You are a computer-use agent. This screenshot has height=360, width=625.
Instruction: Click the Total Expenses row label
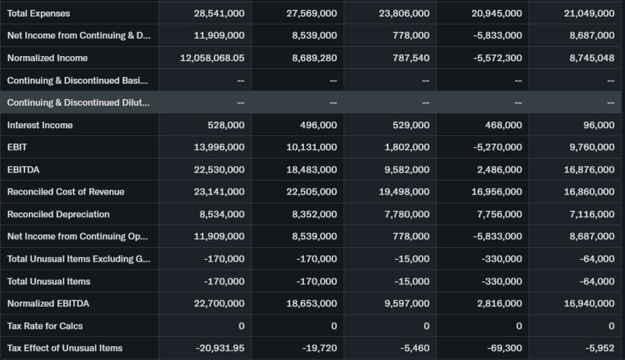tap(38, 13)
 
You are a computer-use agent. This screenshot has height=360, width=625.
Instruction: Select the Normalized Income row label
tap(47, 58)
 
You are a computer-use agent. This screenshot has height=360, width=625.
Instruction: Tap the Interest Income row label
tap(40, 125)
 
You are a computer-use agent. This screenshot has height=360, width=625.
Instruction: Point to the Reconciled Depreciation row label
tap(58, 214)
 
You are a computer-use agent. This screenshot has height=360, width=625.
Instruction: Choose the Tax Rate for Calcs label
tap(45, 326)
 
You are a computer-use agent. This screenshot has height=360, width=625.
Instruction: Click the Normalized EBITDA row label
tap(48, 303)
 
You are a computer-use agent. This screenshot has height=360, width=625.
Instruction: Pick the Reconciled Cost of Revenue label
tap(65, 192)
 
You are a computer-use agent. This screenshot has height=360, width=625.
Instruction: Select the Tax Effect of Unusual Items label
tap(65, 348)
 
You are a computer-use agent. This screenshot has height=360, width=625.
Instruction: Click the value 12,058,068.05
tap(212, 58)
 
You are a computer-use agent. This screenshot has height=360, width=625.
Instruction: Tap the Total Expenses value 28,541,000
tap(219, 13)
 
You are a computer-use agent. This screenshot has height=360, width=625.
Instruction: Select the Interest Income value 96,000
tap(599, 125)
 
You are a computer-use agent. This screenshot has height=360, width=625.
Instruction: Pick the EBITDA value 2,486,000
tap(499, 170)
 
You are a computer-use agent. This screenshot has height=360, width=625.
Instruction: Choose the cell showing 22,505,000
tap(311, 192)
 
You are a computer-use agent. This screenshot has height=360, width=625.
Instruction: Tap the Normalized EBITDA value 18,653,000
tap(311, 303)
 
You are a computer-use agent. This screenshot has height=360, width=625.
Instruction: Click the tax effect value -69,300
tap(505, 348)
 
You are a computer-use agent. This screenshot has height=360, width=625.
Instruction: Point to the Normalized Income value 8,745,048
tap(591, 58)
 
